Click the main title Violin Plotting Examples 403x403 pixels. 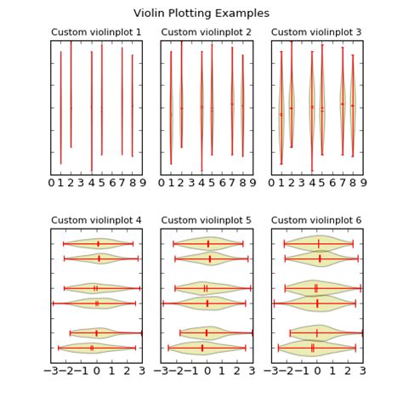pyautogui.click(x=201, y=14)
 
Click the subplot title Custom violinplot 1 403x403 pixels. pyautogui.click(x=96, y=32)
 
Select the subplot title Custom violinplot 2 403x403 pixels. pyautogui.click(x=207, y=32)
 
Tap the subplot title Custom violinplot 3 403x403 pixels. pyautogui.click(x=317, y=32)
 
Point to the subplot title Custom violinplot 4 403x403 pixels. pyautogui.click(x=96, y=220)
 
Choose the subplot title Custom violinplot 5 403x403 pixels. pyautogui.click(x=207, y=220)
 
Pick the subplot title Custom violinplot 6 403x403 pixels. pyautogui.click(x=317, y=220)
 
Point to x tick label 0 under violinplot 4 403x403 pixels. pyautogui.click(x=96, y=372)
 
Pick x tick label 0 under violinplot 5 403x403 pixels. pyautogui.click(x=207, y=372)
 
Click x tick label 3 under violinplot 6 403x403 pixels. pyautogui.click(x=363, y=372)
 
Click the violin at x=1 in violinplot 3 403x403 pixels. pyautogui.click(x=281, y=111)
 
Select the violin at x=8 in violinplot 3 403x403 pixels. pyautogui.click(x=353, y=106)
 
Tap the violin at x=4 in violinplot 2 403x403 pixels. pyautogui.click(x=201, y=107)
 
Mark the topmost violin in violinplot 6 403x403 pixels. pyautogui.click(x=319, y=244)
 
